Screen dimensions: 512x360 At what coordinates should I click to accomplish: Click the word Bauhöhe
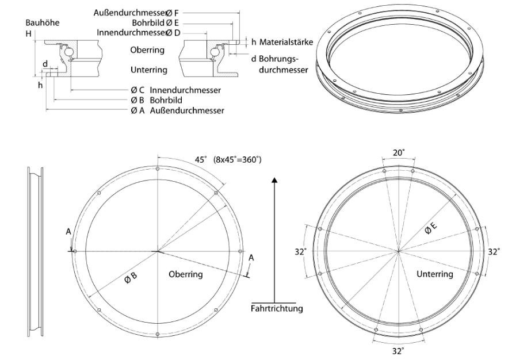tap(43, 23)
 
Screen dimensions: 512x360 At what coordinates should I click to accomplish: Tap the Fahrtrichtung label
tap(277, 308)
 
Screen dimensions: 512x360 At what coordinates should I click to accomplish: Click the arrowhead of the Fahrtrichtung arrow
tap(274, 179)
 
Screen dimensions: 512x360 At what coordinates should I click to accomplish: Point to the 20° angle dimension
tap(398, 152)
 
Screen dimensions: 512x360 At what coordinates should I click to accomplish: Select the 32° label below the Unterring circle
tap(398, 351)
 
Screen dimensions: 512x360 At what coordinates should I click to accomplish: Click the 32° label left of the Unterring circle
tap(301, 252)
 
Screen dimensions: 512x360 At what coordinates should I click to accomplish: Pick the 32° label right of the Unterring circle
tap(494, 252)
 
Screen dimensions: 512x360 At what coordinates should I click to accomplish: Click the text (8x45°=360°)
tap(238, 160)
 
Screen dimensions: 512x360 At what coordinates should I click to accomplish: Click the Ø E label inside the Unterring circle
tap(431, 228)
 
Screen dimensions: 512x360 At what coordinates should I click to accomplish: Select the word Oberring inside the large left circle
tap(185, 274)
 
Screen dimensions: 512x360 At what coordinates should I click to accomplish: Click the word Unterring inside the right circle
tap(434, 274)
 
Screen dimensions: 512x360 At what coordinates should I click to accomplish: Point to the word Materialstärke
tap(286, 42)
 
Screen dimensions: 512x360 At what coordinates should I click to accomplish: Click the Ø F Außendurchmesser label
tap(136, 13)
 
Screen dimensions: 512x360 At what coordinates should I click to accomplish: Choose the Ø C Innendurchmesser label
tap(175, 90)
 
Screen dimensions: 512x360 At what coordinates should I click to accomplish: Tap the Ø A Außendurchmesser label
tap(177, 110)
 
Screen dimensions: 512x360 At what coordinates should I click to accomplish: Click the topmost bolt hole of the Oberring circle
tap(158, 168)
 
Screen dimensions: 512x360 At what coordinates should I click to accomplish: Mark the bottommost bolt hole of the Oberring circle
tap(158, 334)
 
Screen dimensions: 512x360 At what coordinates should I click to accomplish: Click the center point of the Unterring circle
tap(398, 251)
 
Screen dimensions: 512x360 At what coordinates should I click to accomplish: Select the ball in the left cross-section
tap(69, 52)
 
